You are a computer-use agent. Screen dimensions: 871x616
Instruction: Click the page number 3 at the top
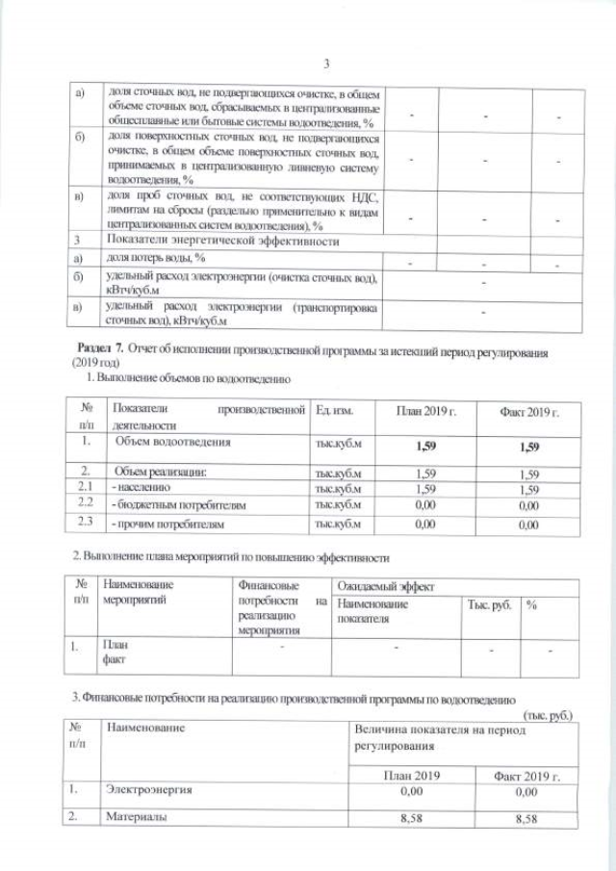pos(326,64)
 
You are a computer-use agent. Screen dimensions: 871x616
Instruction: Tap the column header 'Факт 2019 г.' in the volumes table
pos(528,412)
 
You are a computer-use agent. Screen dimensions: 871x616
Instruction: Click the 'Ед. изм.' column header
pos(334,412)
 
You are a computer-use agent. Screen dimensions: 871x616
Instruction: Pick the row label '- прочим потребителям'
pos(169,525)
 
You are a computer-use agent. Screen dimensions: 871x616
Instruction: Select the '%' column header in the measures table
pos(530,604)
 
